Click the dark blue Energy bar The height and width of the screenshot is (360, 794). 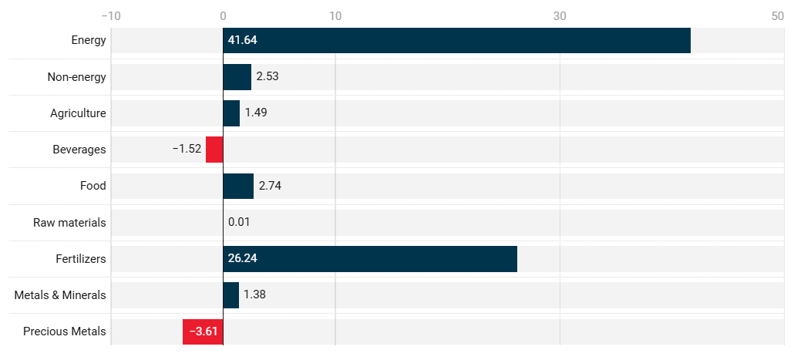point(456,40)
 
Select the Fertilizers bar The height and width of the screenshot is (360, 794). point(370,259)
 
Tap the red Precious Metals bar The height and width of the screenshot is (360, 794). point(203,331)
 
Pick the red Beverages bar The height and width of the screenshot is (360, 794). point(214,150)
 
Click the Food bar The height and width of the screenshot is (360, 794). point(238,186)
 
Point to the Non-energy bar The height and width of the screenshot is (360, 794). point(237,76)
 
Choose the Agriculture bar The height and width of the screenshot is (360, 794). point(231,113)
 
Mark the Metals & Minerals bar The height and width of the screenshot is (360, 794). point(230,295)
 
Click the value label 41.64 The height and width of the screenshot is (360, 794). point(242,40)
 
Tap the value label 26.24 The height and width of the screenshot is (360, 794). point(242,259)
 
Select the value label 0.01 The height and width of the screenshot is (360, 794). point(239,222)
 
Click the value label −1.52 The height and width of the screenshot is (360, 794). point(187,150)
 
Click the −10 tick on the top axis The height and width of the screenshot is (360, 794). point(111,15)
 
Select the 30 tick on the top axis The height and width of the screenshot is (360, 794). point(560,15)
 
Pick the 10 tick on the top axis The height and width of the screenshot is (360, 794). point(335,15)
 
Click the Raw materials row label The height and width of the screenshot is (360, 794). point(69,223)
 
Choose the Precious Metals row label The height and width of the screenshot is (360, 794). point(65,332)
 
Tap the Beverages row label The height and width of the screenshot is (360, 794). point(79,150)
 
